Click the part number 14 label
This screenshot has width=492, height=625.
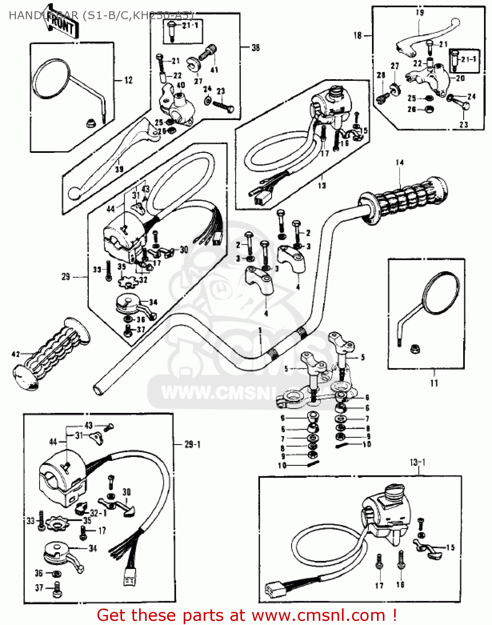point(400,162)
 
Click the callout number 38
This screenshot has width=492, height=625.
point(255,48)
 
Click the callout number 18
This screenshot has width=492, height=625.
point(357,35)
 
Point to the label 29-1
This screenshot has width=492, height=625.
point(192,445)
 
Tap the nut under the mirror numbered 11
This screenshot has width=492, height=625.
point(415,349)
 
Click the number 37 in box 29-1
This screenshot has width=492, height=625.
point(39,587)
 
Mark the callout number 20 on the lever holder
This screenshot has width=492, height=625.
point(460,78)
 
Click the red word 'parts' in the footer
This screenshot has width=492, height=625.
point(202,615)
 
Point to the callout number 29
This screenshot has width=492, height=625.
point(66,277)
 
